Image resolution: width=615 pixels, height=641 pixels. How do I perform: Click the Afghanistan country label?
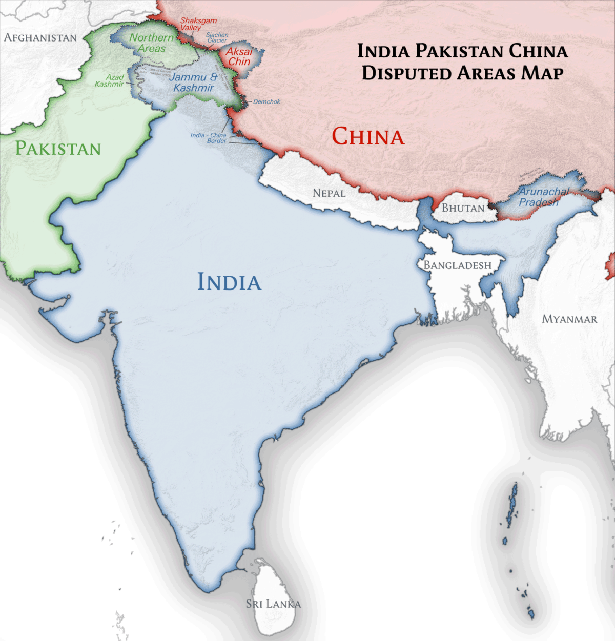40,37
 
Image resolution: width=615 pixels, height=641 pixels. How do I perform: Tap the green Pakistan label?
58,149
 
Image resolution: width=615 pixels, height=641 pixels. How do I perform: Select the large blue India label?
229,282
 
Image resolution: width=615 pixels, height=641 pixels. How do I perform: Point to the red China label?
368,137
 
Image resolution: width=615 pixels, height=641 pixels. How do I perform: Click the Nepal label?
329,193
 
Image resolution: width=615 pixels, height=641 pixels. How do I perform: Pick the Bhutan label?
463,208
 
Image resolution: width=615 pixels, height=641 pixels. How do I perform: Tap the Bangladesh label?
457,265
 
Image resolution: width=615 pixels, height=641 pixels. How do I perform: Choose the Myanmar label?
569,319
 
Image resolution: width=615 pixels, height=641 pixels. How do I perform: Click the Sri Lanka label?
273,604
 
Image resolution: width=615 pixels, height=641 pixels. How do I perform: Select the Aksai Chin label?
239,56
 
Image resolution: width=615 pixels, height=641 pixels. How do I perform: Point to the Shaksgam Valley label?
198,24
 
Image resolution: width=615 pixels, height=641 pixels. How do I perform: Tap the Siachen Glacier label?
217,37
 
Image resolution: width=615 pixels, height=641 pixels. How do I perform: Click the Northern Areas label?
151,43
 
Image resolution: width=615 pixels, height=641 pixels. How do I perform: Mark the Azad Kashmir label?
110,80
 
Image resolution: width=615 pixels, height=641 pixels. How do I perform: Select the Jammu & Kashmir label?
193,82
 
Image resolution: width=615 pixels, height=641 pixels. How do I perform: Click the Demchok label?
266,101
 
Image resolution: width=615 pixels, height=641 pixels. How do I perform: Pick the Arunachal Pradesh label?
543,197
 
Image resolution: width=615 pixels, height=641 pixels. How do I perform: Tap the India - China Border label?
209,138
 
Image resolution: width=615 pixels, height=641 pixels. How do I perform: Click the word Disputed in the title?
406,73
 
